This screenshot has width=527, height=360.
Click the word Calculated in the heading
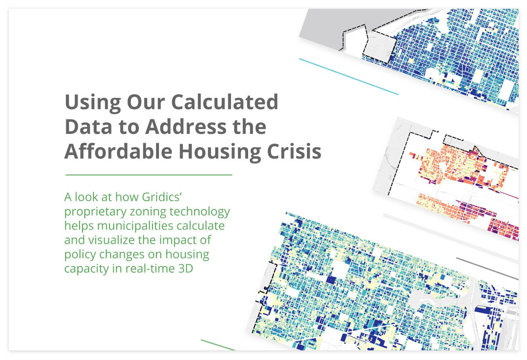point(225,102)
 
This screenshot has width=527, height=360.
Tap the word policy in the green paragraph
point(80,254)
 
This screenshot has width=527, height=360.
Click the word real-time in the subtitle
point(149,268)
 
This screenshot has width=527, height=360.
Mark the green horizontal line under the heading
point(148,175)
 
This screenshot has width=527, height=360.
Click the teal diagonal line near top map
point(349,76)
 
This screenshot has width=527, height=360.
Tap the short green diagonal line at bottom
point(218,345)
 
